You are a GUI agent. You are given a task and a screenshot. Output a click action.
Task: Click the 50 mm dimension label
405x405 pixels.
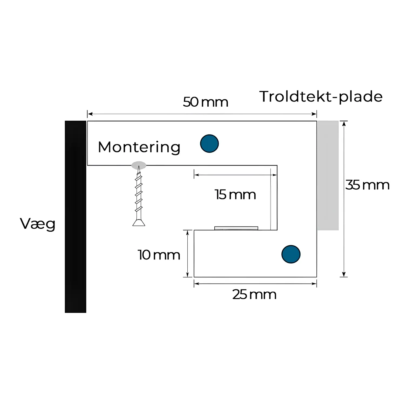205,102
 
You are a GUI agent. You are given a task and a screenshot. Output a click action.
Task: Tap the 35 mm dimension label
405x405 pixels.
367,185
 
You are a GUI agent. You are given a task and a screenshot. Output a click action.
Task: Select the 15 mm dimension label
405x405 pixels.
235,195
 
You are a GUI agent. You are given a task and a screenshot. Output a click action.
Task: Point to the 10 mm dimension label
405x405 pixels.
159,255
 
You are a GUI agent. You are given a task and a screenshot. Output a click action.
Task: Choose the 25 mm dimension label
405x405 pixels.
254,295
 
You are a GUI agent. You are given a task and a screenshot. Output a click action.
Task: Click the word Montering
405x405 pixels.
139,147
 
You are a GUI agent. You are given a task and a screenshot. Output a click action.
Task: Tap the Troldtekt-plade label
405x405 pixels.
321,97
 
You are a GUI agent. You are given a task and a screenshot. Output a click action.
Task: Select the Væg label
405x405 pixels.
38,224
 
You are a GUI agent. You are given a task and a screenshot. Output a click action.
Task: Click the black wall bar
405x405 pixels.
76,217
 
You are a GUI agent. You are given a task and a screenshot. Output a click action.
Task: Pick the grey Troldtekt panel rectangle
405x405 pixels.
328,175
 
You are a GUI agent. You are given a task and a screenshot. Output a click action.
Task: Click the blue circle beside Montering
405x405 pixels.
210,143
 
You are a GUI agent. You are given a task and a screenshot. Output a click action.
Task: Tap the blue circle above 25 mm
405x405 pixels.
291,254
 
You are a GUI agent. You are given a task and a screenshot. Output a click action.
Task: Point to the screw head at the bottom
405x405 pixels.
139,222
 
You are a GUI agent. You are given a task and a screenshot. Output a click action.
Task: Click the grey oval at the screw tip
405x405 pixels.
139,165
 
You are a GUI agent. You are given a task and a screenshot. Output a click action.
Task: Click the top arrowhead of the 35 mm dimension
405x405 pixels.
344,123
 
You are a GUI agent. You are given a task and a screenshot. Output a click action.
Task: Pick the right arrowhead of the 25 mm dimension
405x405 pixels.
314,283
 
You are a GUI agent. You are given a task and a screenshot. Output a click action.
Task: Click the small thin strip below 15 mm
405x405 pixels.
236,228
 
